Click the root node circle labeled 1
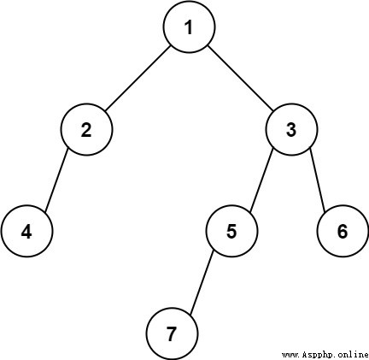coord(190,27)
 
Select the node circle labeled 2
coord(86,129)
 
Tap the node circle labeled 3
coord(291,129)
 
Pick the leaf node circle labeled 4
coord(26,231)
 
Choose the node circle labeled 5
coord(231,231)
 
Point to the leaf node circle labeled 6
coord(343,231)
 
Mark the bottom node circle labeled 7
coord(172,333)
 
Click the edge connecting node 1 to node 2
coord(138,78)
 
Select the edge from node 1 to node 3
coord(241,78)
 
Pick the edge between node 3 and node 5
coord(261,180)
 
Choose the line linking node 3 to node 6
coord(318,180)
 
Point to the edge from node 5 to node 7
coord(202,283)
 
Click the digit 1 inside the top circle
coord(189,27)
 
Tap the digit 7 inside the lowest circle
coord(172,333)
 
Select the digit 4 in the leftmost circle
coord(26,232)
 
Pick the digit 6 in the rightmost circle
coord(343,231)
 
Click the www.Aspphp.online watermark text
coord(325,355)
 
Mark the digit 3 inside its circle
coord(291,130)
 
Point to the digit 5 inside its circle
coord(231,231)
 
